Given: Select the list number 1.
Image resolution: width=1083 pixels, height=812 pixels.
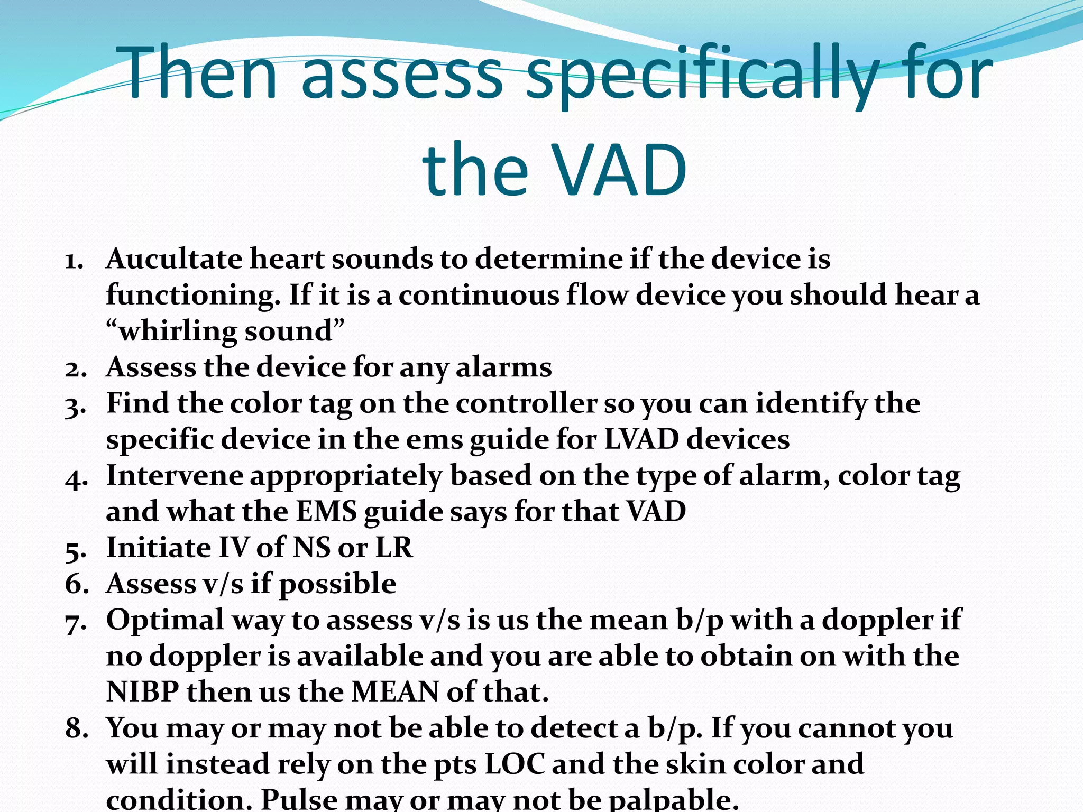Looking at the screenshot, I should pyautogui.click(x=74, y=260).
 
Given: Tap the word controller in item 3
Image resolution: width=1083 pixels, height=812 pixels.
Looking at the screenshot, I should pyautogui.click(x=527, y=403).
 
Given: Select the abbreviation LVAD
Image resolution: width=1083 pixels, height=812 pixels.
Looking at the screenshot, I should pyautogui.click(x=641, y=440).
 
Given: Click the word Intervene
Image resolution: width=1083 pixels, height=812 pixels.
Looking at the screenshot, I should pyautogui.click(x=175, y=476).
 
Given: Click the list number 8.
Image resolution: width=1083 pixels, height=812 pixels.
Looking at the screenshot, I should pyautogui.click(x=76, y=728).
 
